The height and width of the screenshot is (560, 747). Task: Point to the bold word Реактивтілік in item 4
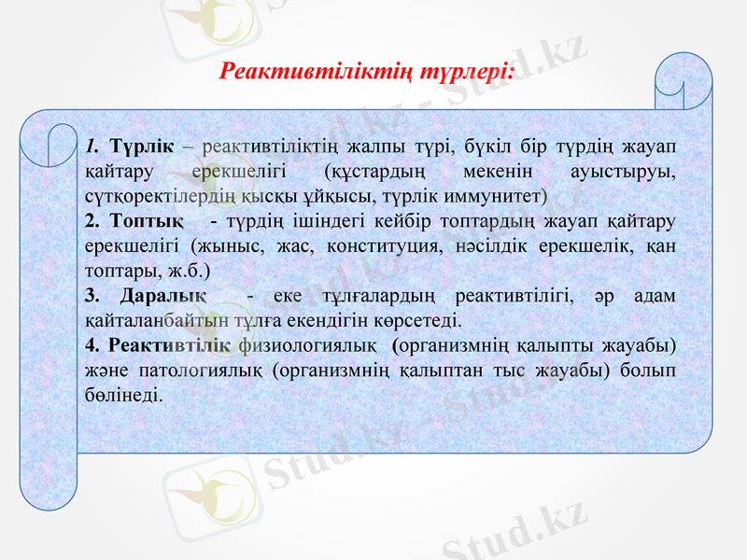pos(170,345)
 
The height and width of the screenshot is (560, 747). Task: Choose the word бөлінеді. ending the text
pos(122,394)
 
